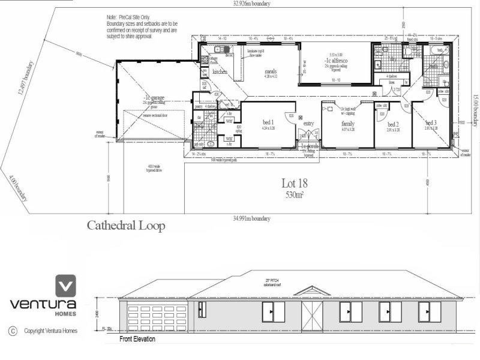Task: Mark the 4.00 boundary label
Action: pos(13,185)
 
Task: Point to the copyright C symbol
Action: pos(11,330)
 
